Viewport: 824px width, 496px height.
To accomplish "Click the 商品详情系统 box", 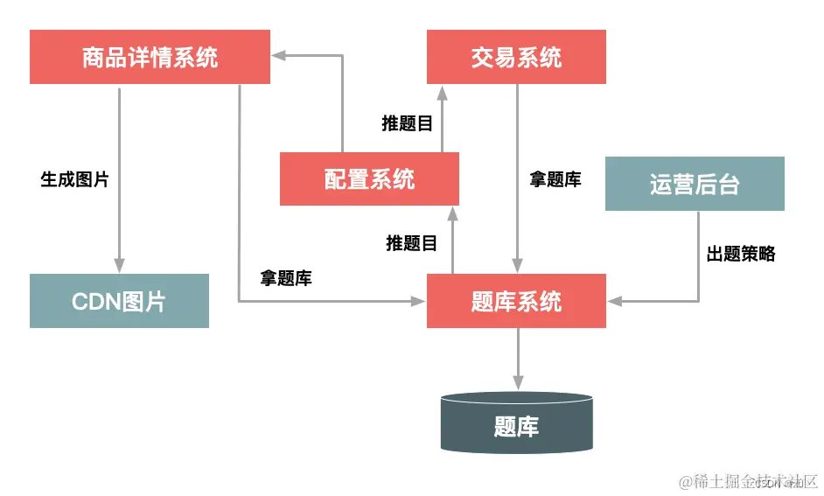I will point(150,58).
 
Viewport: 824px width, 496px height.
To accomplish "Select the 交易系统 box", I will point(516,58).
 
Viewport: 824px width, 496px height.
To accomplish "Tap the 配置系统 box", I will point(369,179).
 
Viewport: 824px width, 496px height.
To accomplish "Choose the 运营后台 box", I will point(695,184).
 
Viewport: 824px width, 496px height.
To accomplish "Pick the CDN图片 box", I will point(119,301).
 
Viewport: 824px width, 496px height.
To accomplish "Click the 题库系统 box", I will point(516,301).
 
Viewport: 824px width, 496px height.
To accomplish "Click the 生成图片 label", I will point(75,179).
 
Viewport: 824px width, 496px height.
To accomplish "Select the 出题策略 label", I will point(741,254).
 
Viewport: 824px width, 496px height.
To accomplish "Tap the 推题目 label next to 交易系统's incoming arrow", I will point(408,123).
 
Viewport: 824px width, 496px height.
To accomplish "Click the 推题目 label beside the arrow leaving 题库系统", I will point(412,242).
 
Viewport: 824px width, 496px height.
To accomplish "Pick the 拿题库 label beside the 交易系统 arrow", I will point(555,179).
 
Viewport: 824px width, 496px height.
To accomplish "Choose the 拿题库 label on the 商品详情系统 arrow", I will point(286,278).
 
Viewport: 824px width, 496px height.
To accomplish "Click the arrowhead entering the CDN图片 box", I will point(119,265).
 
